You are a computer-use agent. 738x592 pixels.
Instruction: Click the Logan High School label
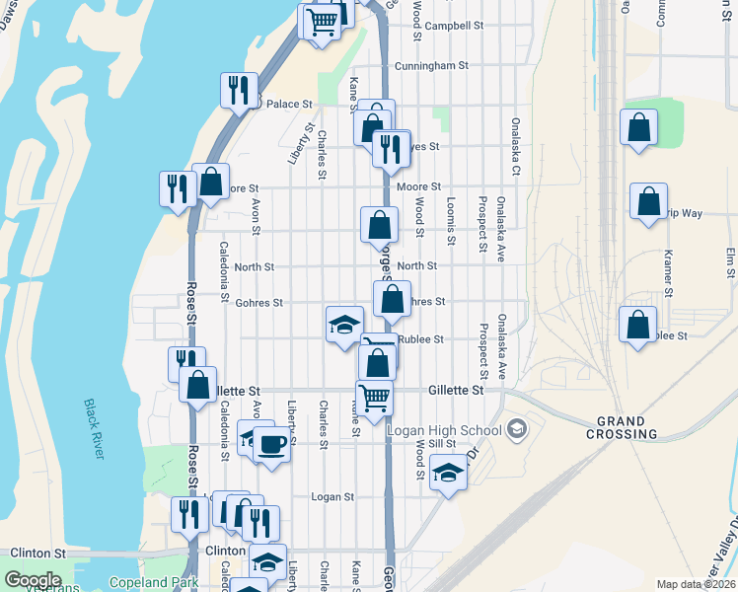coord(444,430)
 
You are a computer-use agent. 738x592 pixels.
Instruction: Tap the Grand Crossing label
coord(622,427)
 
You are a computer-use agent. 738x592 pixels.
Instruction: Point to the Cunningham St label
coord(430,66)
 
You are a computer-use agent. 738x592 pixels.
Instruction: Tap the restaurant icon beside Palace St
coord(239,92)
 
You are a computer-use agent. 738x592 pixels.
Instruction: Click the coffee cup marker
coord(271,444)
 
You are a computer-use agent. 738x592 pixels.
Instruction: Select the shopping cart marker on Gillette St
coord(374,398)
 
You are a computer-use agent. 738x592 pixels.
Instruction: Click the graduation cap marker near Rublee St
coord(344,325)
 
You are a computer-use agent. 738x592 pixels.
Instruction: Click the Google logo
coord(32,580)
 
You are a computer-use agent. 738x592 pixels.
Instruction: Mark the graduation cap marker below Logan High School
coord(448,473)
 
